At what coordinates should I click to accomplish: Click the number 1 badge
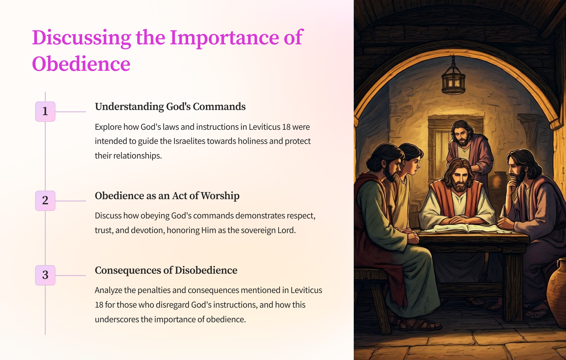click(45, 111)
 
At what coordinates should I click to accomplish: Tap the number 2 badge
click(45, 200)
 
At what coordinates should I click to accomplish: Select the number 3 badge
click(45, 275)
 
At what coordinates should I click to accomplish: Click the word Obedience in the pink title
click(81, 64)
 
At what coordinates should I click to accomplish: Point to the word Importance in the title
click(224, 38)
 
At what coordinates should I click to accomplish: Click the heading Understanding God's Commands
click(170, 107)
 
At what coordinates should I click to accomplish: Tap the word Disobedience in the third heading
click(206, 270)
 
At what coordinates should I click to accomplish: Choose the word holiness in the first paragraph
click(253, 141)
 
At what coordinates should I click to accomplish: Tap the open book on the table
click(467, 228)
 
